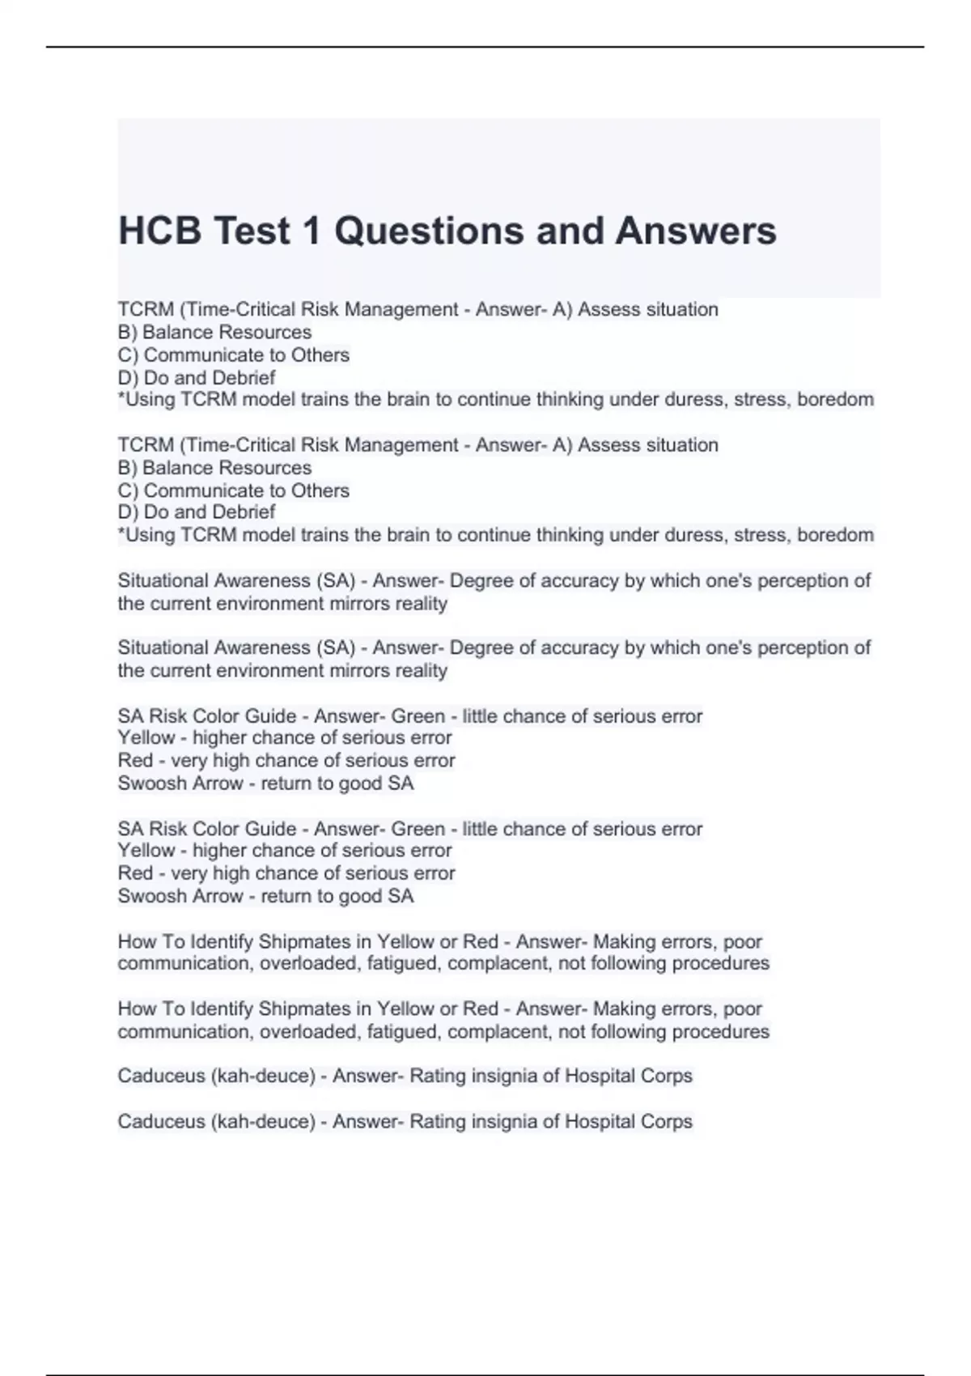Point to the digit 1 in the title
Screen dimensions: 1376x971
[x=311, y=231]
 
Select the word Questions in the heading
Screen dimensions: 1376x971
[x=428, y=231]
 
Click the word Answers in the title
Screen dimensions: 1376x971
[x=695, y=231]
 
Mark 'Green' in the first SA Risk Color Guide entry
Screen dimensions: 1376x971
[x=418, y=716]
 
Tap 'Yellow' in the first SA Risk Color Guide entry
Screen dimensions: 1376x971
[x=146, y=738]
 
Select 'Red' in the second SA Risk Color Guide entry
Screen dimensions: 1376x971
[x=135, y=873]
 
